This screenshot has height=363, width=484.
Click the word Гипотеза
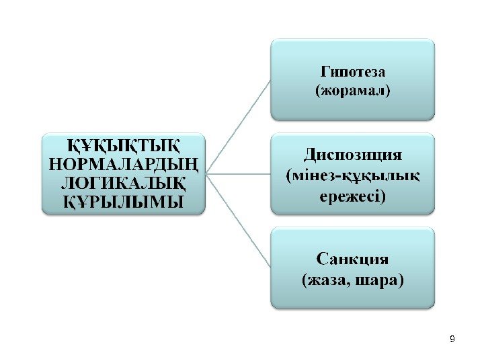353,71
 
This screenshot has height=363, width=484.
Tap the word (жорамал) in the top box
353,89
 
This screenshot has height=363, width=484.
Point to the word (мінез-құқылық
353,176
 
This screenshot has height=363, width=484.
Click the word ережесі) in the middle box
353,196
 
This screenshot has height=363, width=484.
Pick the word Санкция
353,259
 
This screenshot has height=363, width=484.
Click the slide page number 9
452,338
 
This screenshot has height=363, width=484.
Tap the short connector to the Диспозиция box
239,173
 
